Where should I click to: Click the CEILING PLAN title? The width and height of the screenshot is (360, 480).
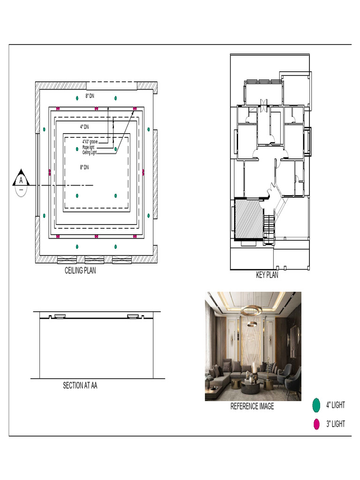point(80,270)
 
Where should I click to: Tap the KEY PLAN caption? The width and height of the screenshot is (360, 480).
point(267,275)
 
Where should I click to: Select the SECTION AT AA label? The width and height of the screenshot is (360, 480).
point(80,385)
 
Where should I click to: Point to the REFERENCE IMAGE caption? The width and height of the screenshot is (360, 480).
point(252,406)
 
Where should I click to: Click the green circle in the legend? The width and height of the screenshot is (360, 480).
point(316,405)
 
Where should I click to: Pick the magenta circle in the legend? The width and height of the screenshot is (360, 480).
point(316,424)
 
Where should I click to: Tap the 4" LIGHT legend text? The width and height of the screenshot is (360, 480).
point(336,405)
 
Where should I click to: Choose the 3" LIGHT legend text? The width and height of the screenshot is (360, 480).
point(336,424)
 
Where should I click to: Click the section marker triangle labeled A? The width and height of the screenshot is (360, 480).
point(21,178)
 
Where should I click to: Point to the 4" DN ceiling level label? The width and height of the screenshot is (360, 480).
point(84,127)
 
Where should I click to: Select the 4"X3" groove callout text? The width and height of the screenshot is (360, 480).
point(90,142)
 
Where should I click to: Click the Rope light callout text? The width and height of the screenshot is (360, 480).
point(88,147)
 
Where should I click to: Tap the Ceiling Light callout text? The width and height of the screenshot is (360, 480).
point(90,152)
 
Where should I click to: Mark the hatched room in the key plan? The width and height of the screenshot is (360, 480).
point(248,218)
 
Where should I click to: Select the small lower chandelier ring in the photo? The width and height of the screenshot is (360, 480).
point(252,323)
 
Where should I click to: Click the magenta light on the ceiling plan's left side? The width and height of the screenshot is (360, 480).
point(50,172)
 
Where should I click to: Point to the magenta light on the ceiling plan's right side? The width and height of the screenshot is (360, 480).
point(143,172)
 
